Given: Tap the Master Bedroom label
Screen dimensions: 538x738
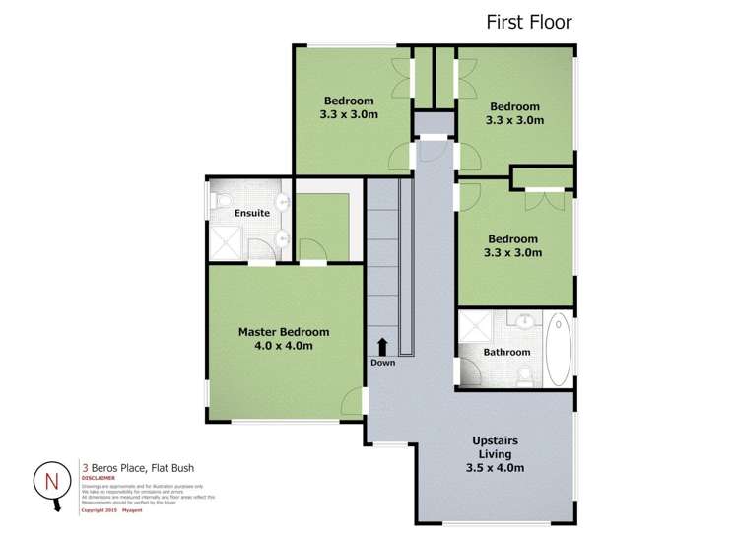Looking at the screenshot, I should tap(284, 332).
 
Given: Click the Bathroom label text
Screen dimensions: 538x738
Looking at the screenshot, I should tap(506, 352).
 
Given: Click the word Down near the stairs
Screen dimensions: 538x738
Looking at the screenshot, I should tap(382, 363).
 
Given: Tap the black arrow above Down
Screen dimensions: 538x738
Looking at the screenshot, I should tap(382, 346).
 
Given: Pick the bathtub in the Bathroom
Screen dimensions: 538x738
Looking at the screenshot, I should tap(558, 350).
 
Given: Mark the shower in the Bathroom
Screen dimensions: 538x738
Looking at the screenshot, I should tap(477, 326).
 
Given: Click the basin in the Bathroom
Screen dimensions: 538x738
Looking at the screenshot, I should tap(524, 321).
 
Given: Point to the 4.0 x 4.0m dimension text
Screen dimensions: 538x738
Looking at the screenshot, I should tap(284, 347).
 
